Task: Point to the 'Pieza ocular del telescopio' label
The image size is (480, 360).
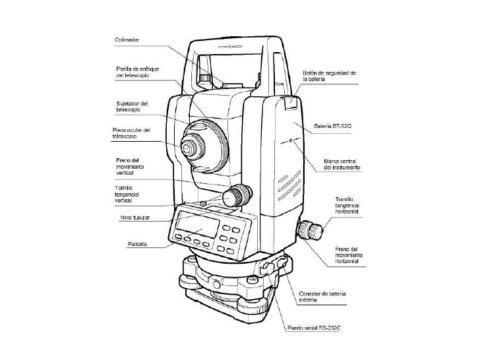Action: [x=131, y=133]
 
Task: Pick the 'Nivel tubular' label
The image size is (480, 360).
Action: [x=135, y=216]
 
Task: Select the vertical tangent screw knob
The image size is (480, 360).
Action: [x=238, y=195]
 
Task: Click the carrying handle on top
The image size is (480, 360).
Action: [x=231, y=46]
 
